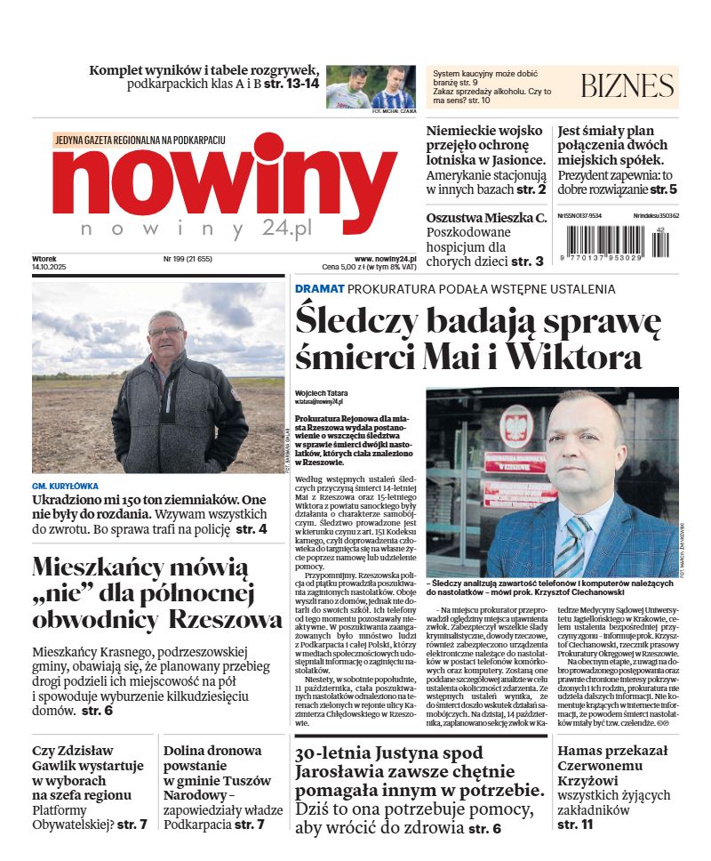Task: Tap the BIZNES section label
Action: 627,86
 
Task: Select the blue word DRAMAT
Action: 319,288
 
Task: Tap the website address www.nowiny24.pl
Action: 385,259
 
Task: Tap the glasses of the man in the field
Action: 166,332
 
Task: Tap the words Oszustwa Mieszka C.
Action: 486,218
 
